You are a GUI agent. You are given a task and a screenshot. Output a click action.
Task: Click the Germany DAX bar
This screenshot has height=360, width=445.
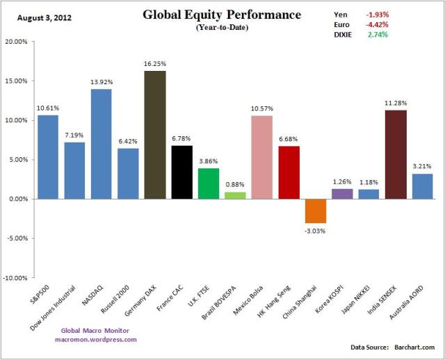point(155,135)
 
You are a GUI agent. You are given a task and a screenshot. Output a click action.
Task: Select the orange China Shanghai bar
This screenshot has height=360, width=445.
point(315,211)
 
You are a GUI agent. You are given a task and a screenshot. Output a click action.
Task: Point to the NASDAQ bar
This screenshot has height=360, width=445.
point(102,144)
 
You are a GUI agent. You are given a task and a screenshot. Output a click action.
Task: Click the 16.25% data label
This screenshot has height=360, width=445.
point(155,64)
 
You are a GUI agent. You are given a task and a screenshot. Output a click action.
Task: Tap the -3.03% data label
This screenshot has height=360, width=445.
point(315,229)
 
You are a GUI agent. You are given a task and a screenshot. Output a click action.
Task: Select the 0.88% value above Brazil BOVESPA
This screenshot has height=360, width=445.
point(235,185)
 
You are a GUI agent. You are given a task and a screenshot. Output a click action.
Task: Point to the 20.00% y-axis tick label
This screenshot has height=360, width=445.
point(15,42)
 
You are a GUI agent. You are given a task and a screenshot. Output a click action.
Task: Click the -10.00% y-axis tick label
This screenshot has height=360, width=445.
point(15,278)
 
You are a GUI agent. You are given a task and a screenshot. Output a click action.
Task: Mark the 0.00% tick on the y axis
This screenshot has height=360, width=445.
point(17,199)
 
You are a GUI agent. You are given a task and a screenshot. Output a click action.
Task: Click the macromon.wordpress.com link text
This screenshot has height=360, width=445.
point(96,339)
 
